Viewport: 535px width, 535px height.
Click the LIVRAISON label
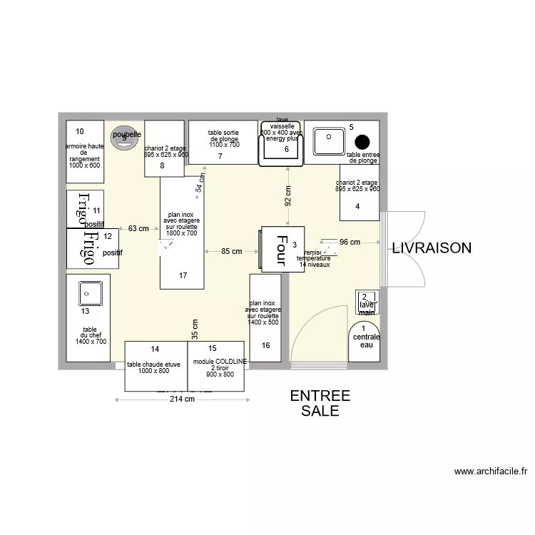[x=431, y=248]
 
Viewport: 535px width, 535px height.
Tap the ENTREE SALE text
[x=320, y=404]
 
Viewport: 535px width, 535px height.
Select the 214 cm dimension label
[x=182, y=399]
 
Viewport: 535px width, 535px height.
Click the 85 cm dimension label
[x=231, y=251]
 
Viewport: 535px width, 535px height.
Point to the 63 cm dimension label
[x=138, y=229]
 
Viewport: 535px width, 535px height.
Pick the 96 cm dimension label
[x=350, y=243]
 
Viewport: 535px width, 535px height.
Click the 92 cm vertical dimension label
[x=288, y=195]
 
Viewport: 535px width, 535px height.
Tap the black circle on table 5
[x=362, y=141]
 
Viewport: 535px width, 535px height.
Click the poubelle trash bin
[x=125, y=138]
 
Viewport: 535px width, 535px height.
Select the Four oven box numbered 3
[x=282, y=248]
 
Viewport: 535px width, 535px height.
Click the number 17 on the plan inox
[x=183, y=275]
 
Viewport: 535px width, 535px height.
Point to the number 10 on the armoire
[x=80, y=131]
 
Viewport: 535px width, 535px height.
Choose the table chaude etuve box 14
[x=156, y=366]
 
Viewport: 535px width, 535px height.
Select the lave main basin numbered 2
[x=367, y=302]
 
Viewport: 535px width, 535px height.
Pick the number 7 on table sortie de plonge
[x=220, y=156]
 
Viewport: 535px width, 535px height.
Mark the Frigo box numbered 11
[x=85, y=209]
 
